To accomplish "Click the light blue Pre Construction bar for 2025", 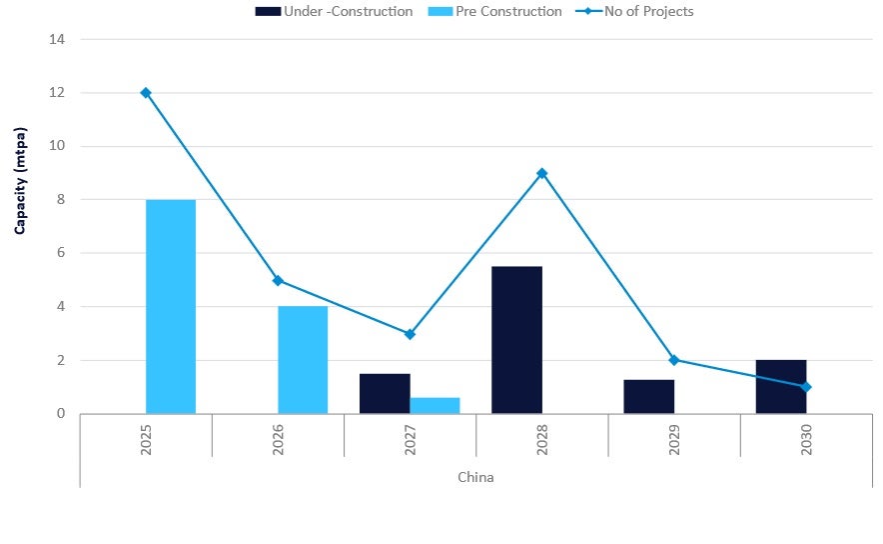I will (x=171, y=306).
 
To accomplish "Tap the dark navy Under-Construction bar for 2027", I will (x=385, y=393).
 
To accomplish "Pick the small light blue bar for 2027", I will (x=435, y=405).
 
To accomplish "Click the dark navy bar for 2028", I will (x=516, y=340).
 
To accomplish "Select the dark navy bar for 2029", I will (x=648, y=396).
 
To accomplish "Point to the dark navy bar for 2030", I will (x=780, y=387).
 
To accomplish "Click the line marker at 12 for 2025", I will (x=146, y=93).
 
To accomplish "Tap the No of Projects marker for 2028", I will (x=541, y=173).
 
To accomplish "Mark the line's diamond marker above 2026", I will (x=278, y=280).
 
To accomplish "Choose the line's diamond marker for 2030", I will (x=806, y=387).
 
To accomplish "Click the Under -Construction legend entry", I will (x=334, y=11).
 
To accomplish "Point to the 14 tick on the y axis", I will (x=56, y=39).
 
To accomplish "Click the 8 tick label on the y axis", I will (x=60, y=200).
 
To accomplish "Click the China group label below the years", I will (x=475, y=477).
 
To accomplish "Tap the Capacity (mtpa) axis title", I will (x=20, y=180).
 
